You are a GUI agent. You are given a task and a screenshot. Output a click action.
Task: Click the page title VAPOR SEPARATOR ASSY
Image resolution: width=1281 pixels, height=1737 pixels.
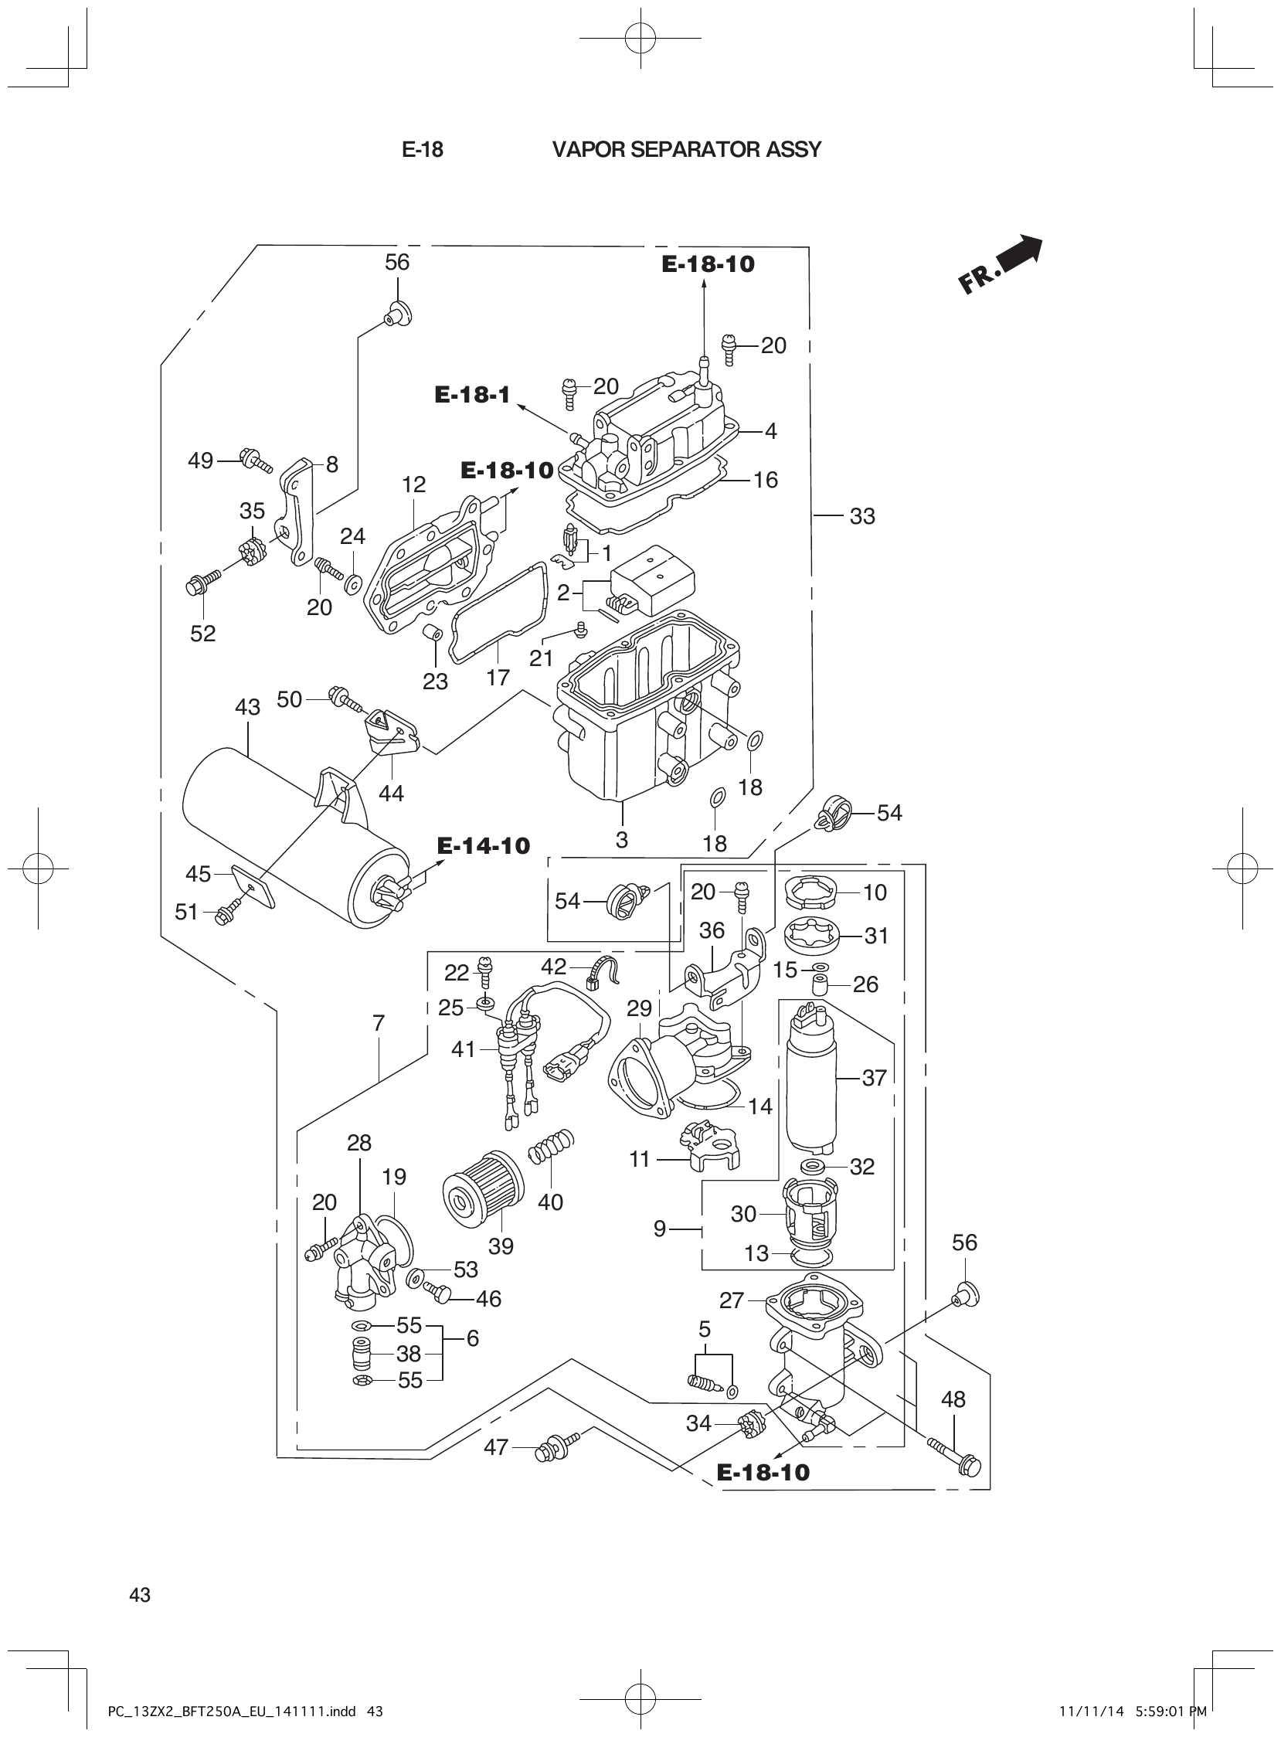[x=686, y=150]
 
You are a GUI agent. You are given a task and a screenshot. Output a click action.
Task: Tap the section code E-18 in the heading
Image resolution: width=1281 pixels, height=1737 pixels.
[x=423, y=150]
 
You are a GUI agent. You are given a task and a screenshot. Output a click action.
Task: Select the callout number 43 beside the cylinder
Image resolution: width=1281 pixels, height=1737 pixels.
[x=247, y=707]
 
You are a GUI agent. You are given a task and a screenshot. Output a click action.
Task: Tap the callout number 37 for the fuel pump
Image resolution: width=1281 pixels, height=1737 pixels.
[x=874, y=1078]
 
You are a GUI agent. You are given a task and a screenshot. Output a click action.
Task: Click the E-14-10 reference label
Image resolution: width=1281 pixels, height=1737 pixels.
[x=483, y=845]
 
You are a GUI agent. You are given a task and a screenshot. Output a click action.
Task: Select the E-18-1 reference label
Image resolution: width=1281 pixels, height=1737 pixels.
[x=472, y=395]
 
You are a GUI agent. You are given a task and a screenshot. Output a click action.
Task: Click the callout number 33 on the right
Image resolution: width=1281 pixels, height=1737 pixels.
[x=861, y=516]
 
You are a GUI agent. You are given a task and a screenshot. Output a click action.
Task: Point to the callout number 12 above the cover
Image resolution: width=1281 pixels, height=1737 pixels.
[x=414, y=484]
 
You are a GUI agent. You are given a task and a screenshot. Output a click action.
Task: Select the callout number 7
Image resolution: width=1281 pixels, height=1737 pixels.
[x=379, y=1023]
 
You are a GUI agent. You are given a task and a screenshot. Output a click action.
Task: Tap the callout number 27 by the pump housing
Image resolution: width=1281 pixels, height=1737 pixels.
[x=731, y=1300]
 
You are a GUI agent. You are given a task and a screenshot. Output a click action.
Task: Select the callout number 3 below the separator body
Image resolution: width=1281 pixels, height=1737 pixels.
[x=622, y=839]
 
